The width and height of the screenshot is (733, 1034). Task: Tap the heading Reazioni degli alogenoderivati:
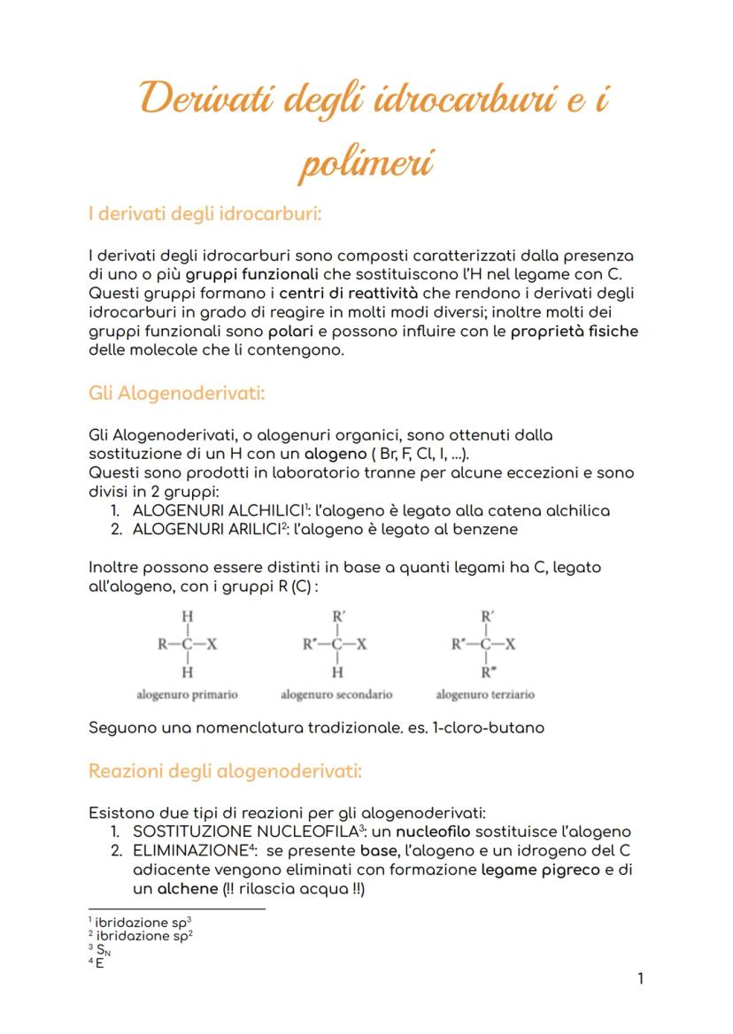click(x=225, y=770)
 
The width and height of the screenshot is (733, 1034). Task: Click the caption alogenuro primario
click(x=187, y=694)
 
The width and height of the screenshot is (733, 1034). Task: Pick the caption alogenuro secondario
click(x=336, y=694)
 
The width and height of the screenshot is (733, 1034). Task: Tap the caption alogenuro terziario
click(x=485, y=694)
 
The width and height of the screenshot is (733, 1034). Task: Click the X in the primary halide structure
click(x=212, y=644)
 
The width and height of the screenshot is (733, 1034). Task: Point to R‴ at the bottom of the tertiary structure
click(x=488, y=673)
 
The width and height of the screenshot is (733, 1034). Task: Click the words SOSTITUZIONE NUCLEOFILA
click(x=242, y=831)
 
